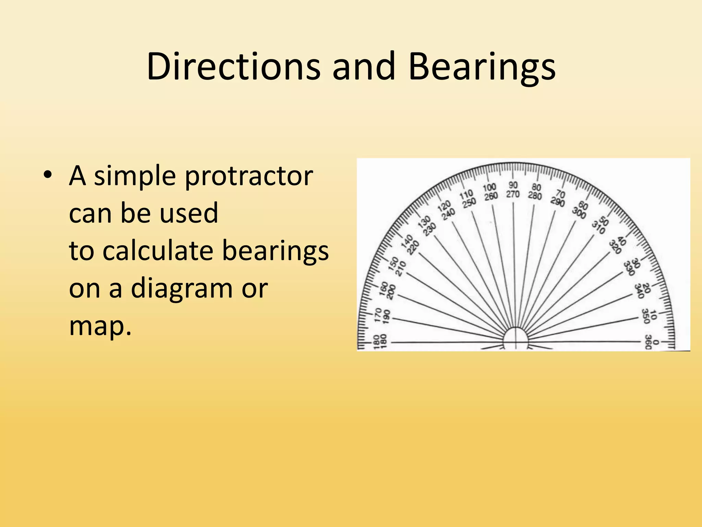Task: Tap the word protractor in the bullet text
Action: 249,176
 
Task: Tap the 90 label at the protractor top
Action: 513,185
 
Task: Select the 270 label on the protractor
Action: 513,194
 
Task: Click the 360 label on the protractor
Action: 648,342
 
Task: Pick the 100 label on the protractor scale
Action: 489,187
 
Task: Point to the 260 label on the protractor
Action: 491,196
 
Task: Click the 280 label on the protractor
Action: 535,196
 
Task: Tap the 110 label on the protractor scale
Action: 466,195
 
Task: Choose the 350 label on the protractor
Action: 645,316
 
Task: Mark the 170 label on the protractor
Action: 378,315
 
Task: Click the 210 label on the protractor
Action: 401,269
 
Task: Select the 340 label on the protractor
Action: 638,291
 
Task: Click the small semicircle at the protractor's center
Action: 515,338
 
